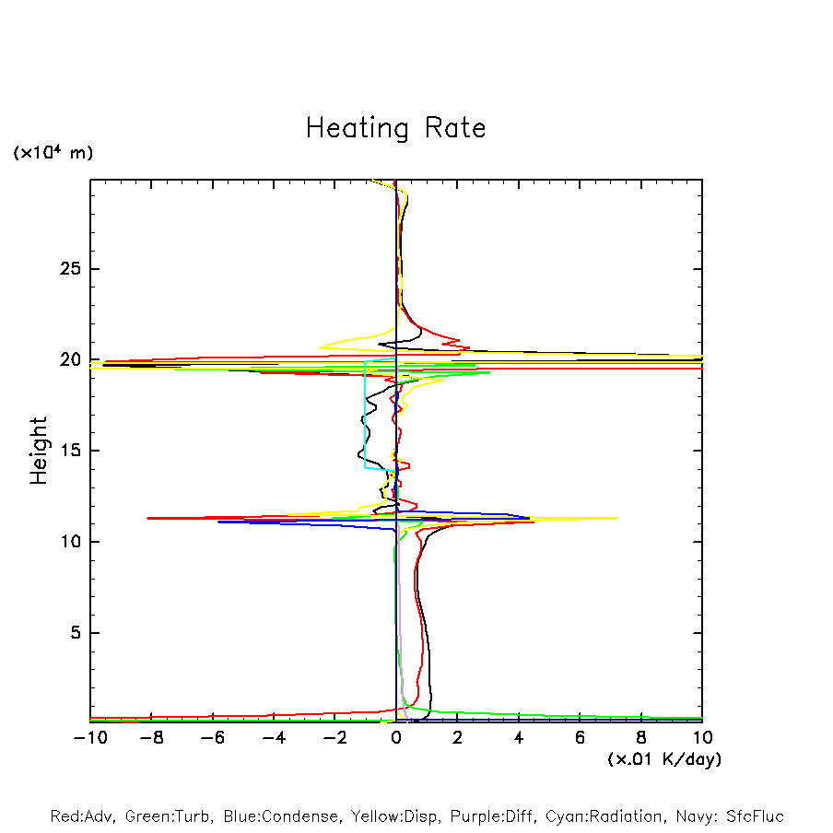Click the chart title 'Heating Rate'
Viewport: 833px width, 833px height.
click(x=395, y=128)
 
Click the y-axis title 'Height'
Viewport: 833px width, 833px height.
click(x=39, y=451)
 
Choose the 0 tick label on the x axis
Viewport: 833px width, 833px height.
click(x=396, y=738)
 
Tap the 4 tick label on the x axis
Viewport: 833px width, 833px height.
click(x=519, y=738)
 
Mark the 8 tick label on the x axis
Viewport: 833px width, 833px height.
click(x=641, y=738)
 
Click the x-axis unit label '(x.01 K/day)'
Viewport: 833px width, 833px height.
click(x=664, y=759)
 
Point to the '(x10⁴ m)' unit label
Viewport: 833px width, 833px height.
click(x=53, y=153)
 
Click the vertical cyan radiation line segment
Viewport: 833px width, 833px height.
click(x=366, y=415)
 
